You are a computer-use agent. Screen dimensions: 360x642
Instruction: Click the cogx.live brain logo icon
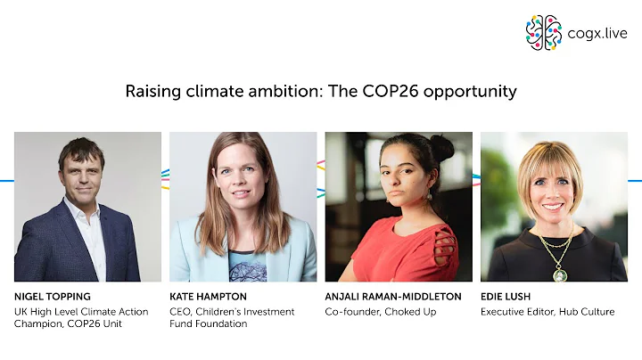[543, 32]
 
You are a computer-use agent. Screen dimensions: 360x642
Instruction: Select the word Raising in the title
[152, 91]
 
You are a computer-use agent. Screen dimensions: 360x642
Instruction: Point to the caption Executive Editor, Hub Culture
[547, 311]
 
